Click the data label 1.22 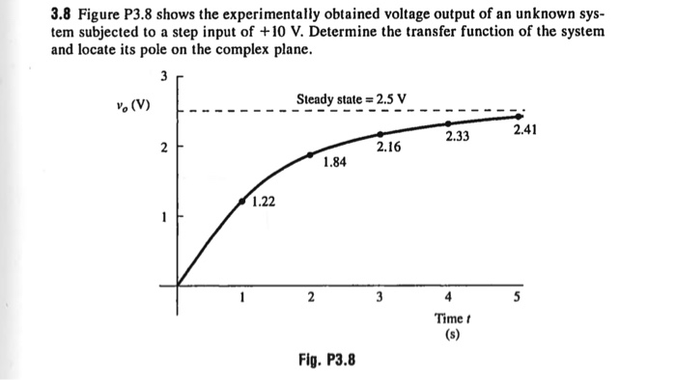[263, 202]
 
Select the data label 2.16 [389, 147]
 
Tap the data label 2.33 [458, 137]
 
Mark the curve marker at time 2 [310, 154]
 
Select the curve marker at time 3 [380, 134]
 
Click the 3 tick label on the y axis [164, 76]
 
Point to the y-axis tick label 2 [164, 148]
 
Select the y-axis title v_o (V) [130, 104]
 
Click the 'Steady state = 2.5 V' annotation [352, 98]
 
